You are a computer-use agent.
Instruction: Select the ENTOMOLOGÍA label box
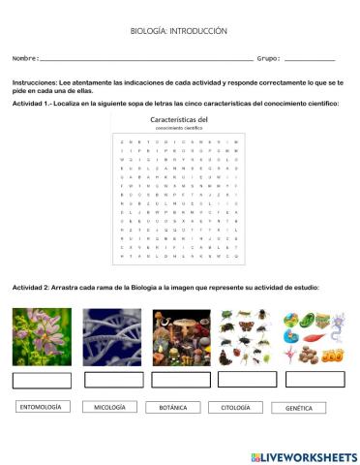click(41, 407)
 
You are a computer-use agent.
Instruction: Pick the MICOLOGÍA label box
click(108, 408)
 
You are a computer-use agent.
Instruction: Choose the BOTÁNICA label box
click(173, 408)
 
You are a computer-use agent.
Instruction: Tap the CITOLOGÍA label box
click(235, 408)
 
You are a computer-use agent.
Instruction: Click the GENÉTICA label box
click(299, 408)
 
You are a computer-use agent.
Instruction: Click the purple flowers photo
click(41, 337)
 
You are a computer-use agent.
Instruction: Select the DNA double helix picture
click(111, 337)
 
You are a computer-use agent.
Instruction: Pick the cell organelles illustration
click(312, 337)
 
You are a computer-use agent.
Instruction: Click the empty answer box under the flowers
click(41, 379)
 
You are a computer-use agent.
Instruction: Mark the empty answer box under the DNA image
click(111, 379)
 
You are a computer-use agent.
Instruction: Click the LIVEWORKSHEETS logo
click(303, 455)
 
